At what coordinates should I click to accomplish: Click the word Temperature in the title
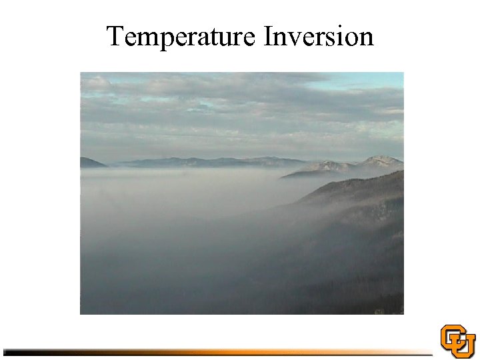[x=181, y=37]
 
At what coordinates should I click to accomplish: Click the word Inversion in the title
[x=319, y=37]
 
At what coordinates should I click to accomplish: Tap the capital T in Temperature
[x=116, y=36]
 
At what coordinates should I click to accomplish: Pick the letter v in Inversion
[x=295, y=39]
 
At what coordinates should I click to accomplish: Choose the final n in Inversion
[x=366, y=39]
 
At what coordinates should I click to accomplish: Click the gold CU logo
[x=457, y=341]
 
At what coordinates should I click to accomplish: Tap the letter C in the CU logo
[x=451, y=336]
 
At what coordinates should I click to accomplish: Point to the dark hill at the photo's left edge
[x=90, y=163]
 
